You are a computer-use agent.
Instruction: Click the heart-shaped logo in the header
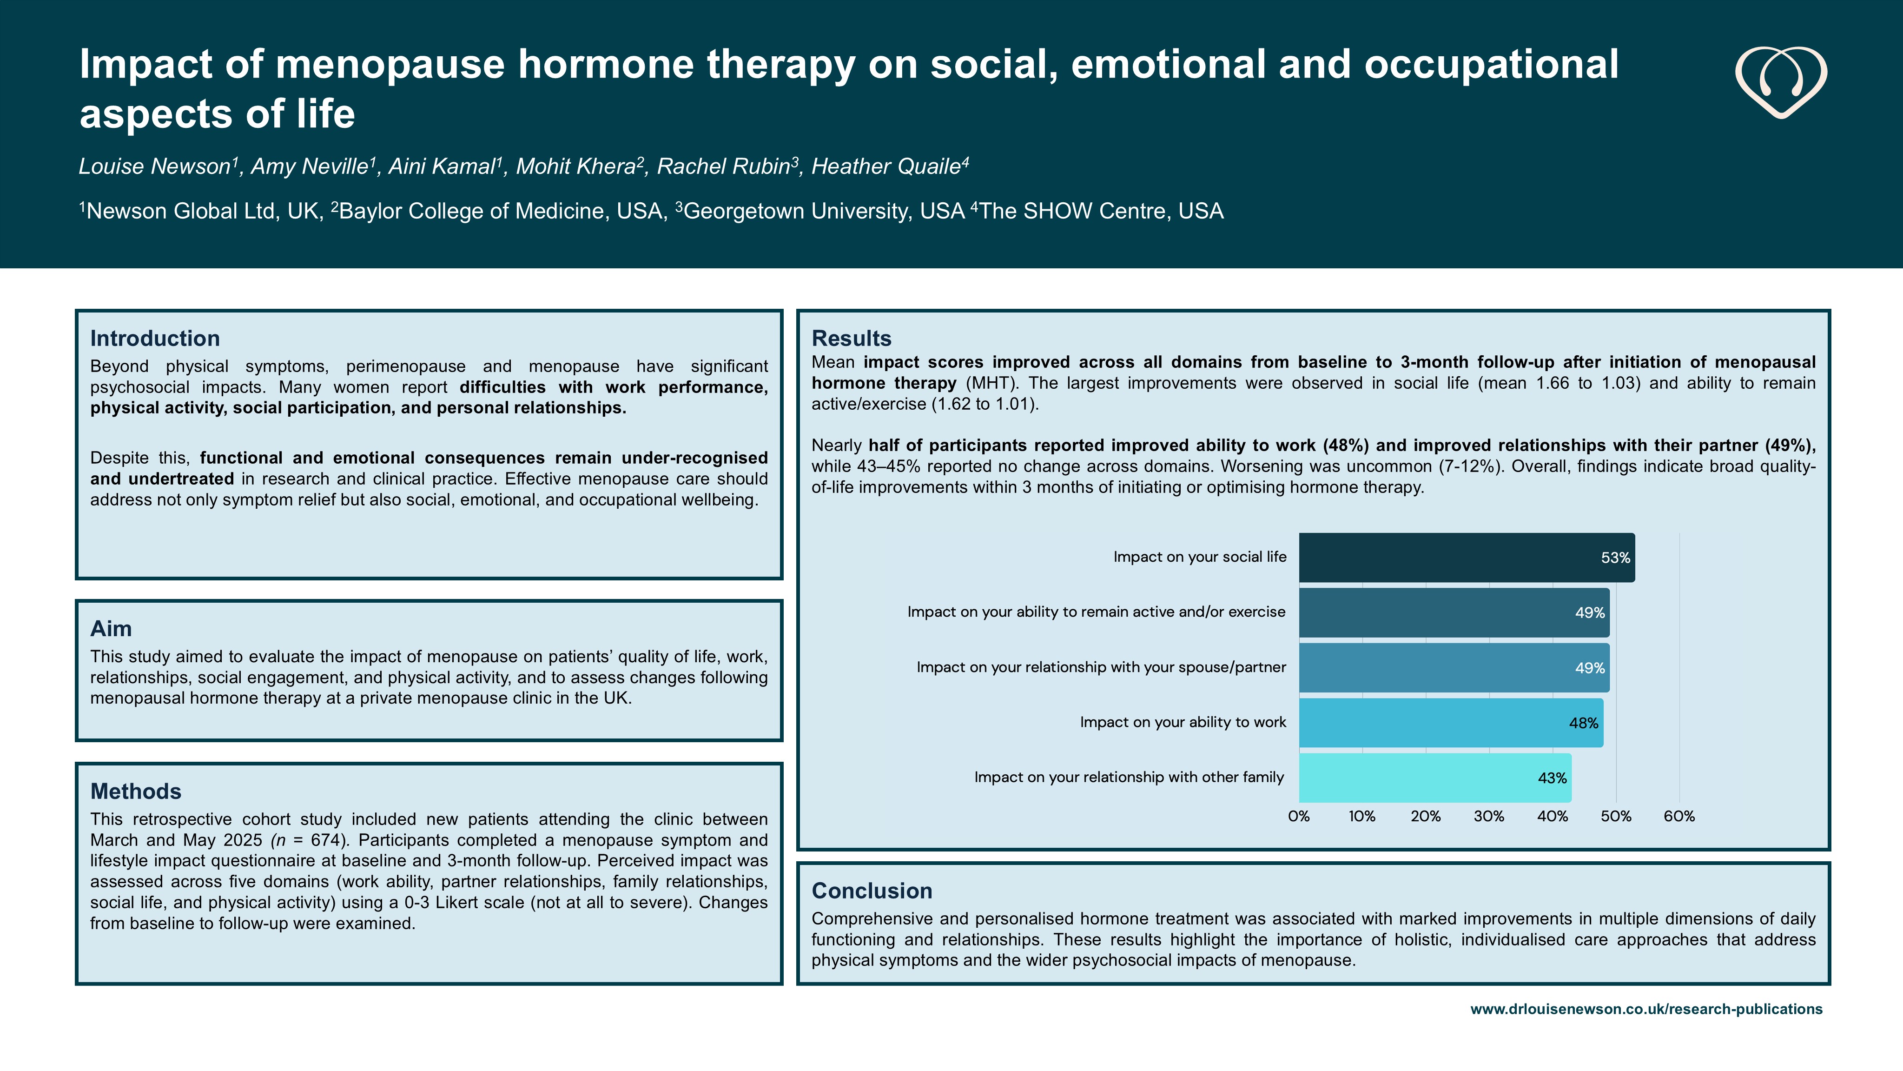coord(1780,82)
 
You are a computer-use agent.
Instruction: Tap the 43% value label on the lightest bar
coord(1552,778)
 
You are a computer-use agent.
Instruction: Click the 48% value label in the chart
coord(1583,723)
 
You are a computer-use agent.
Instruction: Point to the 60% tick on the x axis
coord(1678,817)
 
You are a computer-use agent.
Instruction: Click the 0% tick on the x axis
coord(1299,817)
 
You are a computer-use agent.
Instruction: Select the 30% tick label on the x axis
coord(1488,817)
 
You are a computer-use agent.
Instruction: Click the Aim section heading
coord(111,629)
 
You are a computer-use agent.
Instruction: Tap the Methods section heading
coord(136,792)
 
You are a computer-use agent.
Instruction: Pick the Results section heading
coord(851,339)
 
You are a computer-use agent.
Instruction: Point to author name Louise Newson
coord(155,167)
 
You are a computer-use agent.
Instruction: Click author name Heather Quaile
coord(886,167)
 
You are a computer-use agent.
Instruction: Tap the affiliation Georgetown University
coord(824,212)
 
